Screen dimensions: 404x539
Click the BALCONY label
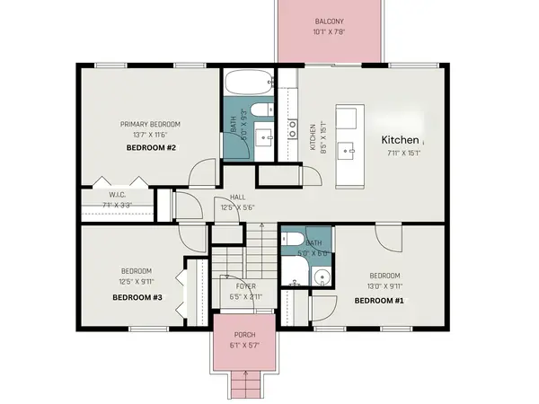pos(331,22)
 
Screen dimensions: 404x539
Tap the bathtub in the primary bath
pos(247,83)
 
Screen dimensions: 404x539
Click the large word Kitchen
pos(400,140)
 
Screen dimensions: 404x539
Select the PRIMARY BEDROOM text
pos(151,124)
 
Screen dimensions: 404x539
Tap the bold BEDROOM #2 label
pos(151,146)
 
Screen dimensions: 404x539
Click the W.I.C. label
pos(117,194)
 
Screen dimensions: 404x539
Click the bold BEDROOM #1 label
pos(378,301)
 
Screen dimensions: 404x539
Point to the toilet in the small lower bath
pos(291,240)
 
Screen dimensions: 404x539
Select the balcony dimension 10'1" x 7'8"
pos(331,32)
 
